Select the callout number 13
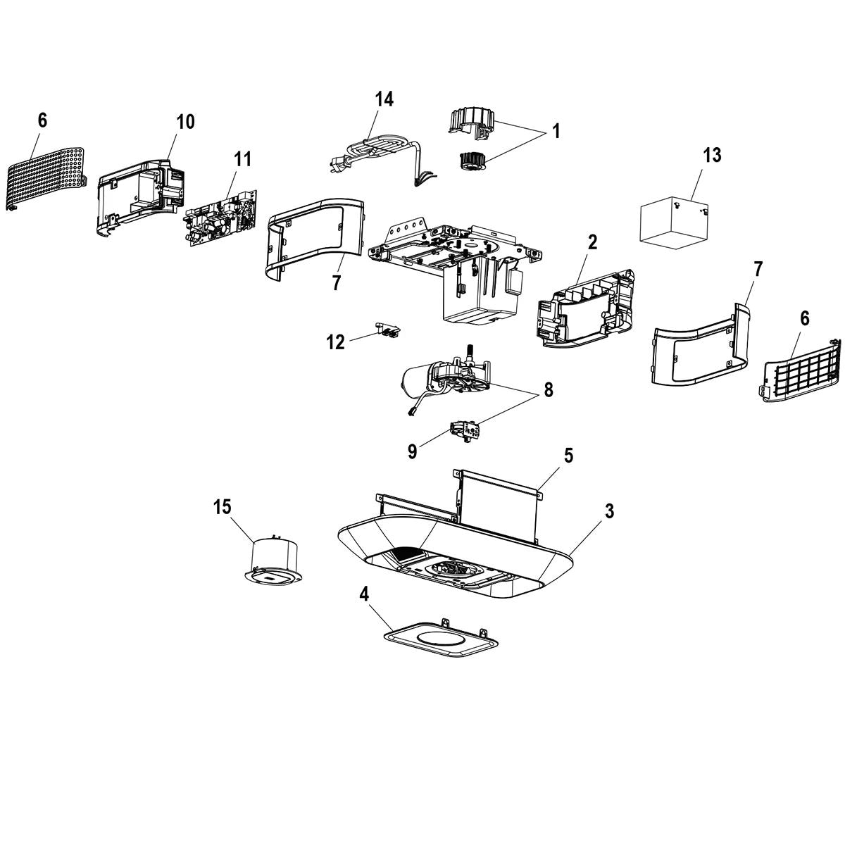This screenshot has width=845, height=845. point(712,155)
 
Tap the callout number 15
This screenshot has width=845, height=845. point(223,506)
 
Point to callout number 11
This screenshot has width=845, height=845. point(242,158)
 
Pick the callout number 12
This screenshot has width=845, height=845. point(336,342)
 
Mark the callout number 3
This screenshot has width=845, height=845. point(609,511)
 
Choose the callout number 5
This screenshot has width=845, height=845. point(568,455)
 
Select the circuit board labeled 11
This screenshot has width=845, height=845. point(221,217)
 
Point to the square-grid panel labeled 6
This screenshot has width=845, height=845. point(803,373)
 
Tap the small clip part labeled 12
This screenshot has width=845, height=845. point(388,330)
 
